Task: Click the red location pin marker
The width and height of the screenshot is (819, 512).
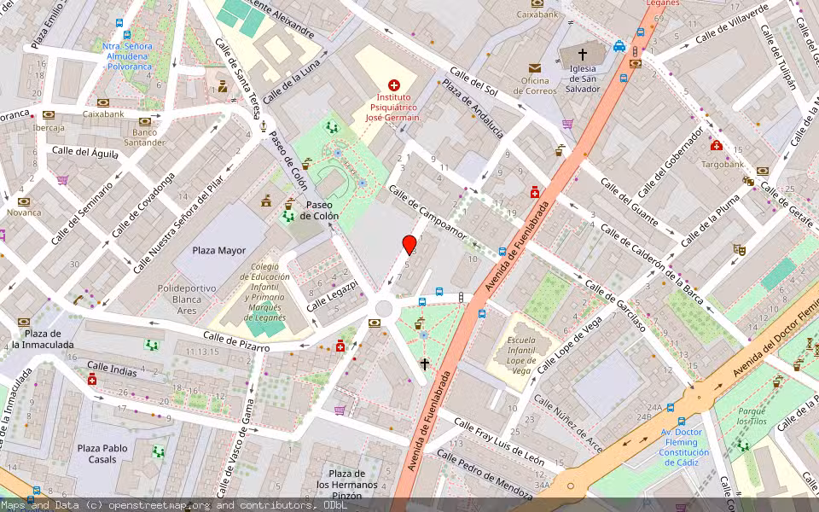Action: pos(409,245)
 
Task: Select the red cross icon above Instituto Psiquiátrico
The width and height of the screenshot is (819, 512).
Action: pos(393,84)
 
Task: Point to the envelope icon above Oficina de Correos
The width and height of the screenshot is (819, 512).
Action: pos(534,67)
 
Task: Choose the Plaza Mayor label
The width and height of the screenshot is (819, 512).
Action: pos(218,251)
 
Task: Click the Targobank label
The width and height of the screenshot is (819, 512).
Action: pos(723,163)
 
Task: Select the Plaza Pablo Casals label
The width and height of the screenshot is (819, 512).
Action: pos(102,453)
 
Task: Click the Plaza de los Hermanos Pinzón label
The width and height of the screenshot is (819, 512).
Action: pos(346,485)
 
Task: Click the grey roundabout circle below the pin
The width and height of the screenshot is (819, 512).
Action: pos(384,308)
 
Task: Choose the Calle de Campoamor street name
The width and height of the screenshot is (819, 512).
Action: pos(428,212)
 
